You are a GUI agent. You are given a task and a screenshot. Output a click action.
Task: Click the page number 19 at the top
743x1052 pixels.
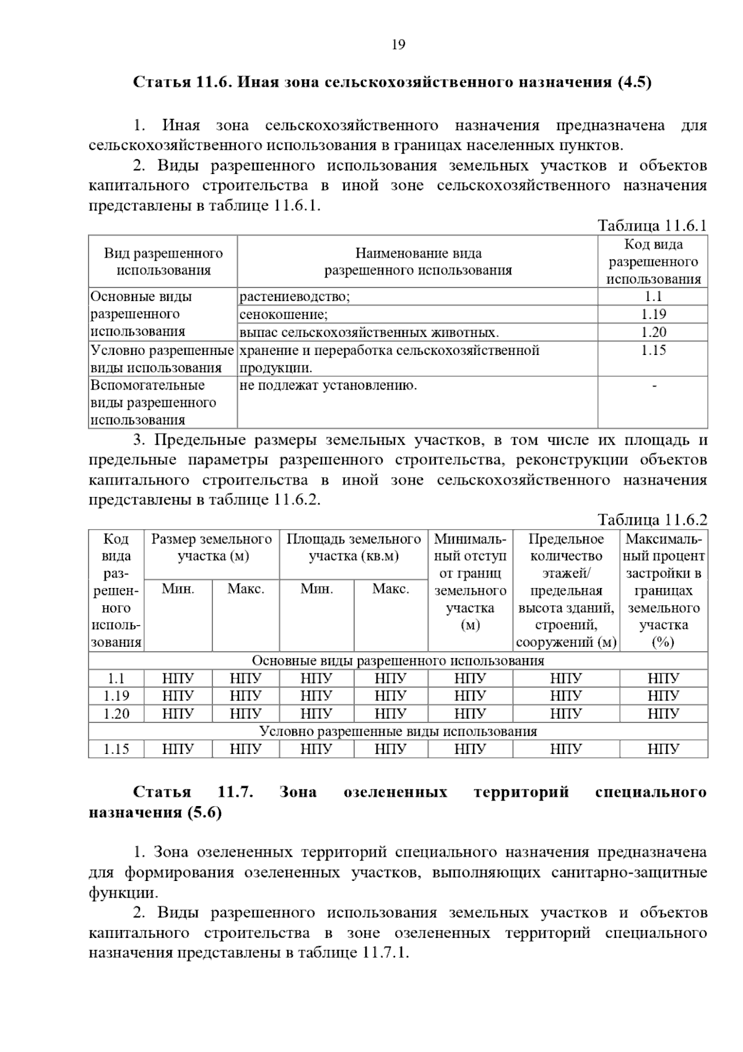click(398, 45)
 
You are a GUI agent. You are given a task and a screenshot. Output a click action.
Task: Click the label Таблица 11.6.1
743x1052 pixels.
click(652, 226)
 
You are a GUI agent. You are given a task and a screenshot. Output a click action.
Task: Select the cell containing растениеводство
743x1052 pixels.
click(295, 297)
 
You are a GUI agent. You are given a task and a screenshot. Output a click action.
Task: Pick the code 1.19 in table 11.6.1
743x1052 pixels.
click(653, 315)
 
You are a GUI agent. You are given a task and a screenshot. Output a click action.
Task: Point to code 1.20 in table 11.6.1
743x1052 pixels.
click(653, 333)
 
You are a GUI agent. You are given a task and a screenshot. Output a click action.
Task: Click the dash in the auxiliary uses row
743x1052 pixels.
click(654, 386)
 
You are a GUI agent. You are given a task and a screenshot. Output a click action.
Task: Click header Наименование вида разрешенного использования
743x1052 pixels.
click(418, 261)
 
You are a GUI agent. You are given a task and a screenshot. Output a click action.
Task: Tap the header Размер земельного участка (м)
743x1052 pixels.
click(212, 548)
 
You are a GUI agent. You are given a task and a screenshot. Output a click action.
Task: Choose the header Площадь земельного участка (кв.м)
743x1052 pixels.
click(354, 548)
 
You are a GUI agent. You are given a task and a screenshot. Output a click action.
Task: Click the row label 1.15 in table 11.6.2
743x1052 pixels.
click(116, 750)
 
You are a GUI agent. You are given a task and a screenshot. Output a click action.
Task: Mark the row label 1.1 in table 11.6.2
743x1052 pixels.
click(116, 679)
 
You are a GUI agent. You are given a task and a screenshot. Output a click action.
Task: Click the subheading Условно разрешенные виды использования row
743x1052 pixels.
click(398, 732)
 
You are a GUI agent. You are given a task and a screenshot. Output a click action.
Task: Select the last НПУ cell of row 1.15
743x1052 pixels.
click(663, 750)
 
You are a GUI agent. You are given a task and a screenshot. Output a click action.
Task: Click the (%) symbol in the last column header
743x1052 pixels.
click(663, 642)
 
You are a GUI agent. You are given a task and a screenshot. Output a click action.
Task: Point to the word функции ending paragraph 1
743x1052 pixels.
click(123, 893)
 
